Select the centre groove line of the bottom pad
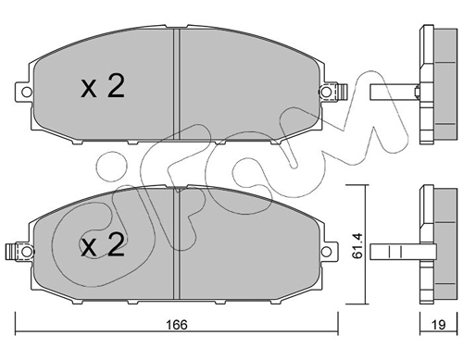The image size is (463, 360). pos(176,245)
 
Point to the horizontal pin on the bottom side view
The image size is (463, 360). pos(394,251)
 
